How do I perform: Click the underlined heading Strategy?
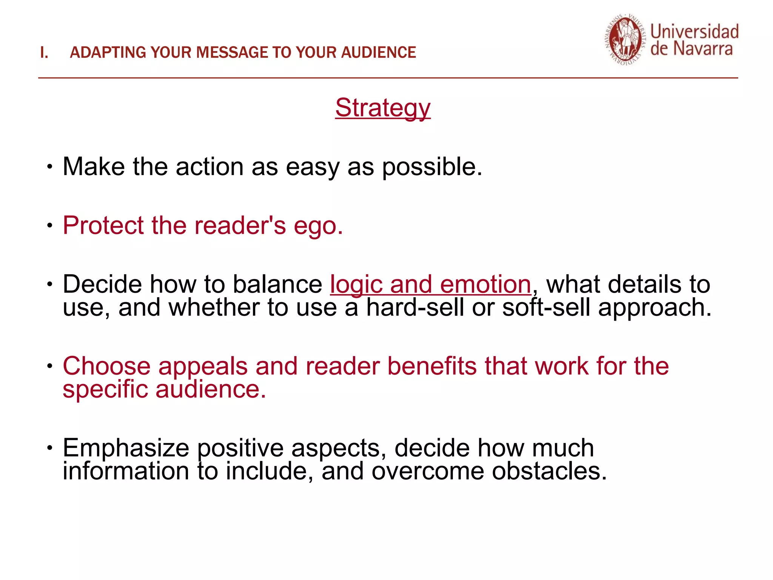382,108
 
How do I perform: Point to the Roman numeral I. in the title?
44,52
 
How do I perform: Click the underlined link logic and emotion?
430,284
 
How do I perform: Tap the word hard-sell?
415,307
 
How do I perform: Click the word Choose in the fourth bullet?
106,366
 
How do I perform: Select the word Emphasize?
126,448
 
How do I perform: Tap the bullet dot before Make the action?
50,167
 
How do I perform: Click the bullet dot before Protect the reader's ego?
50,226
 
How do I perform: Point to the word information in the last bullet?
126,471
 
